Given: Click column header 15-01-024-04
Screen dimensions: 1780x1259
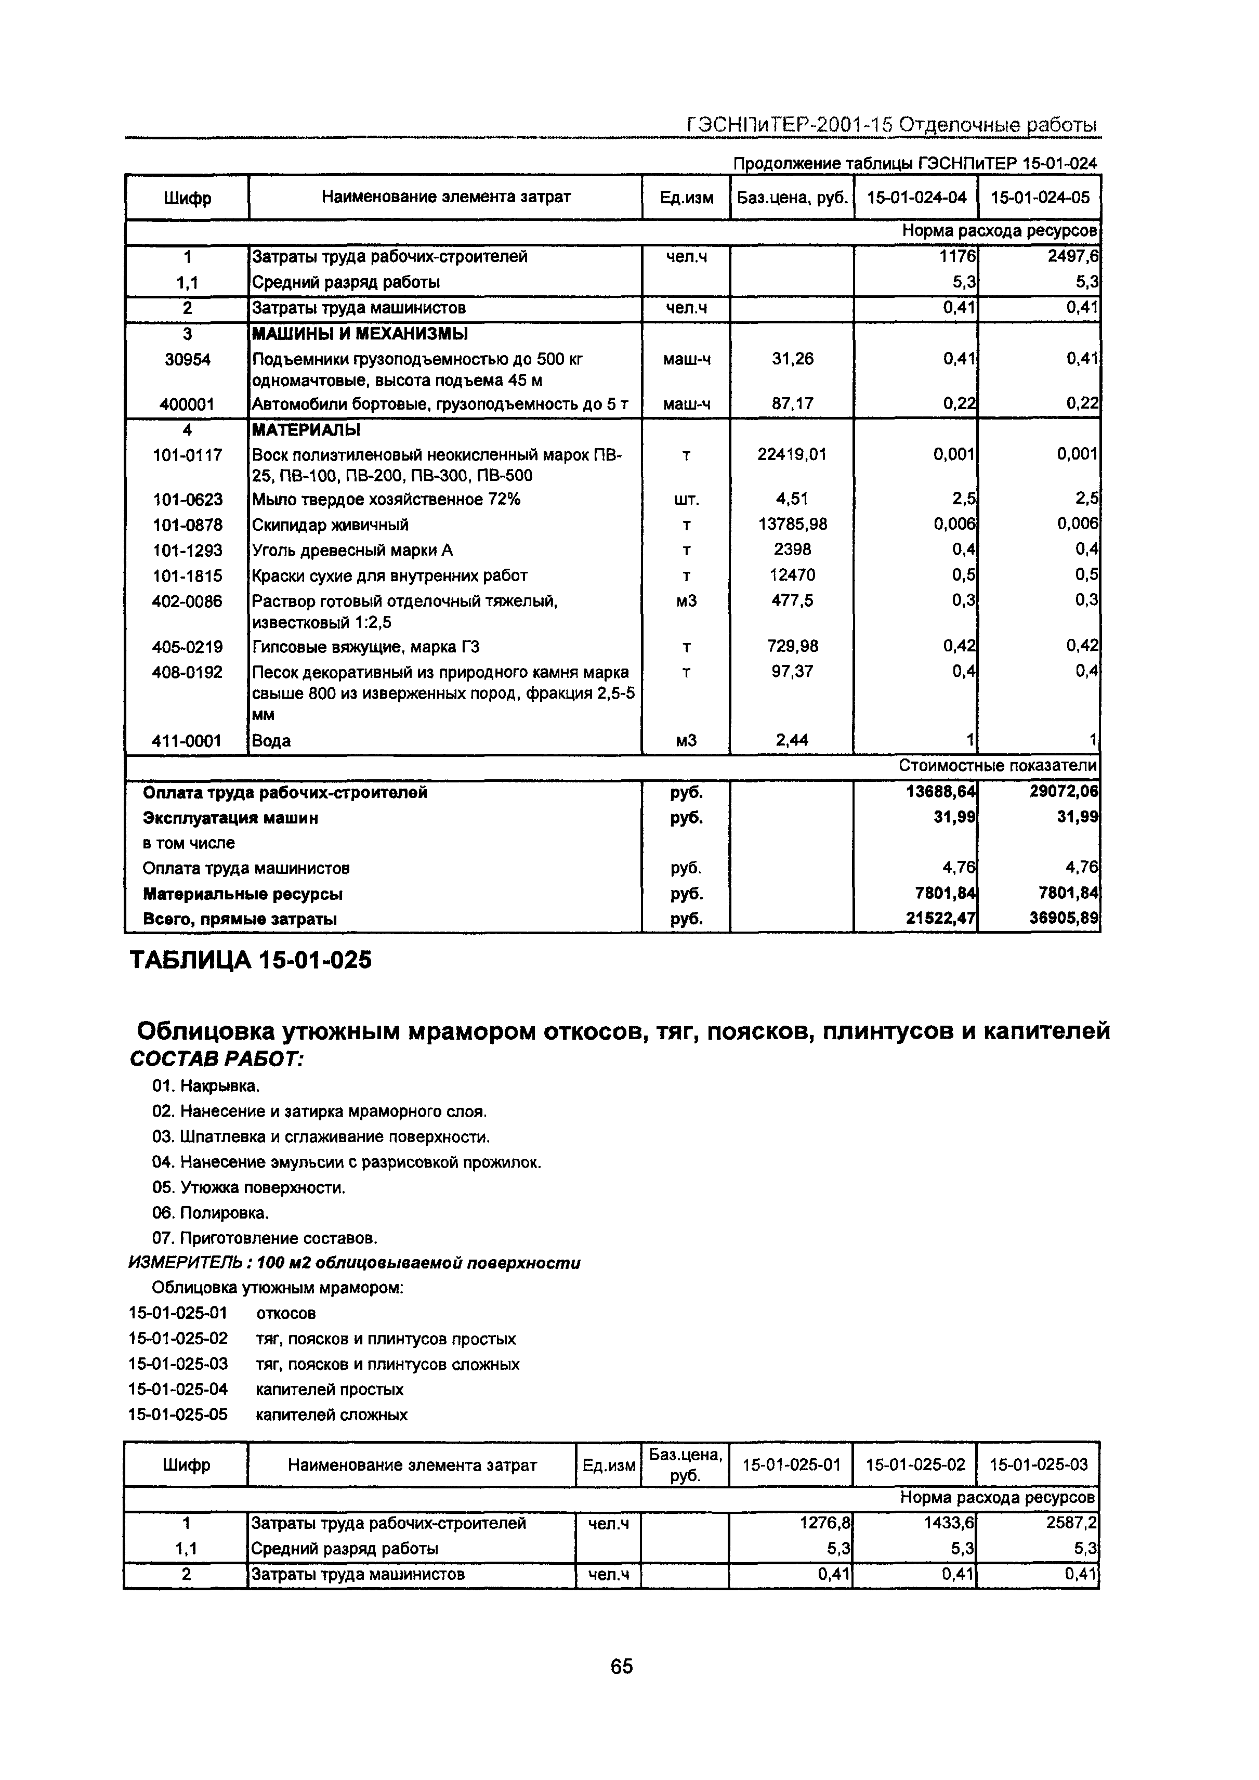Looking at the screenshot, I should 916,197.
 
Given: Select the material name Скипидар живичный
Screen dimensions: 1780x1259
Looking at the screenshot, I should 330,525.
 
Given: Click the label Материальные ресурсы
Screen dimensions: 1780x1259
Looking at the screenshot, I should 243,894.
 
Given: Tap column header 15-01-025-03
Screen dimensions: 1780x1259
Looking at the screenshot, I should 1038,1464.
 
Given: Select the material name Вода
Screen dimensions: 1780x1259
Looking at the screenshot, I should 271,740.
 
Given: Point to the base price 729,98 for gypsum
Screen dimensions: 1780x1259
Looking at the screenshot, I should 792,646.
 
